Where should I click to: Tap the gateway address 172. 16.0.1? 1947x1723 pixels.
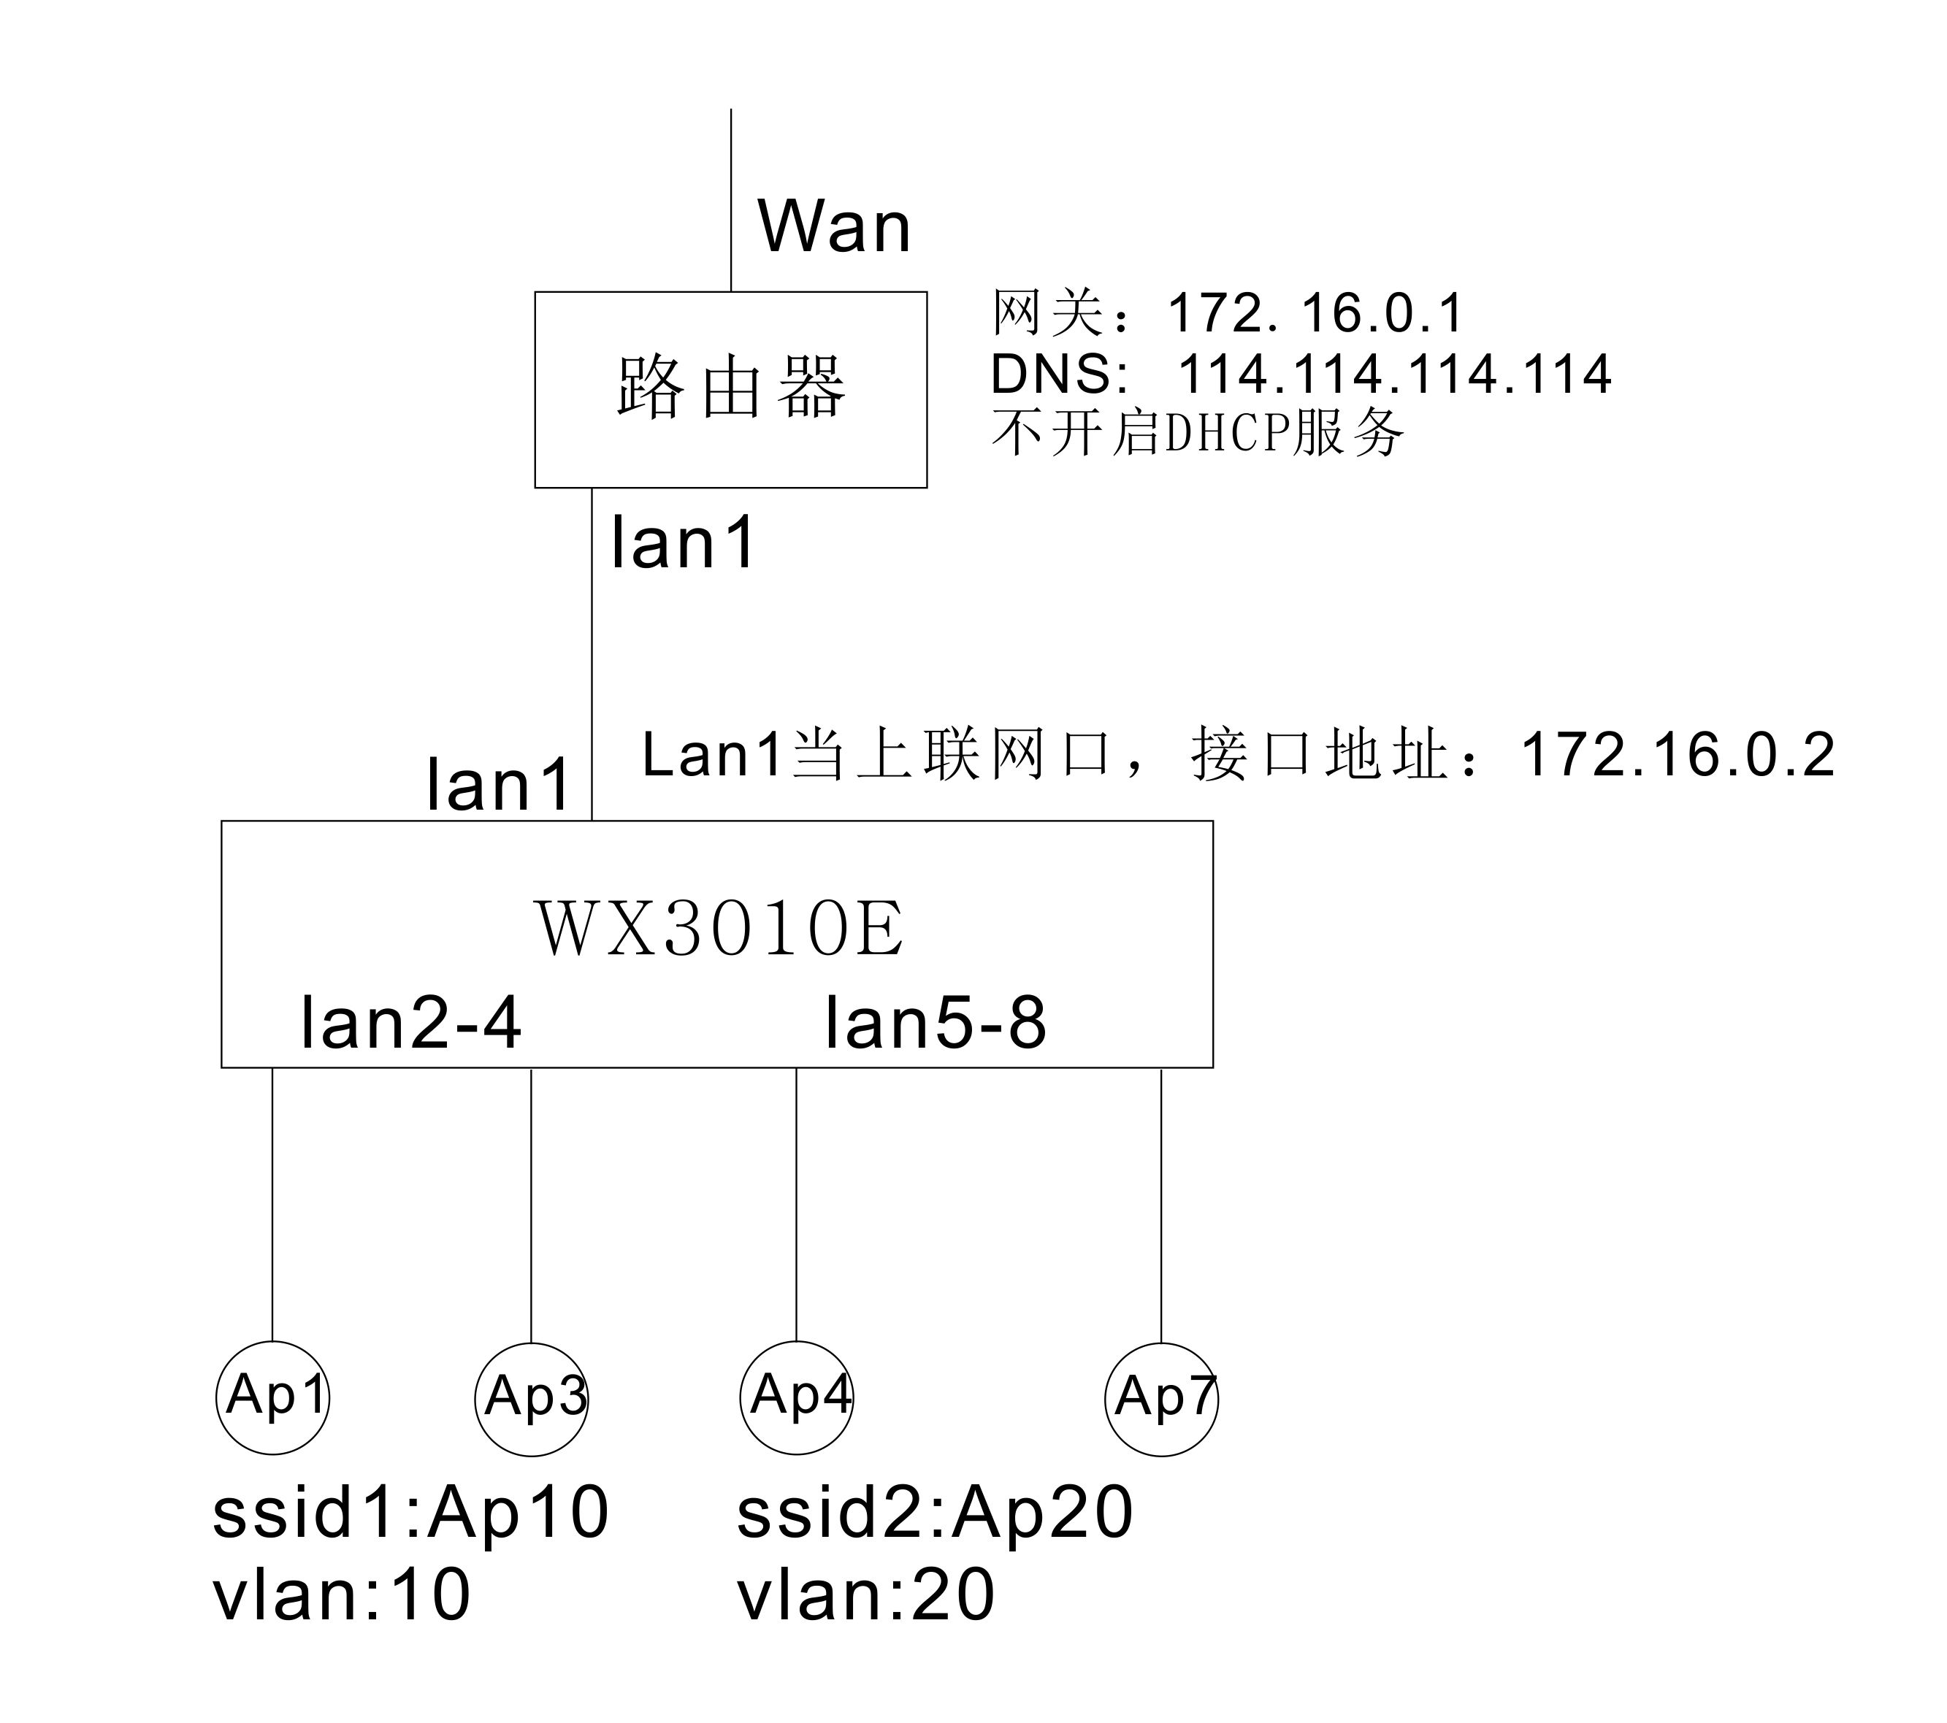tap(1315, 313)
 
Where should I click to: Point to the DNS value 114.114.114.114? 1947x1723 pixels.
tap(1395, 373)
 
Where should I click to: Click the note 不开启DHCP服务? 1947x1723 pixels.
tap(1198, 432)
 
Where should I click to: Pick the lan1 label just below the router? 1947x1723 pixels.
tap(683, 543)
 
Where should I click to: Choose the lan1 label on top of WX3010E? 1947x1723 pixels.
tap(498, 785)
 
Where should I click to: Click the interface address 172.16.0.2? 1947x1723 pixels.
tap(1678, 756)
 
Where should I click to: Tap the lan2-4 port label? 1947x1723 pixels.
tap(410, 1023)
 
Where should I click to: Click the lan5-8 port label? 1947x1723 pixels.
tap(936, 1023)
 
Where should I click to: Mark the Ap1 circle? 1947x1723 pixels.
tap(273, 1398)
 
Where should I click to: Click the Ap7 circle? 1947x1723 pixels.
tap(1161, 1399)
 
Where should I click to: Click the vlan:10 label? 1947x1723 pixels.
tap(341, 1595)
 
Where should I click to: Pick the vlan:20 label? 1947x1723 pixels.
tap(866, 1595)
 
